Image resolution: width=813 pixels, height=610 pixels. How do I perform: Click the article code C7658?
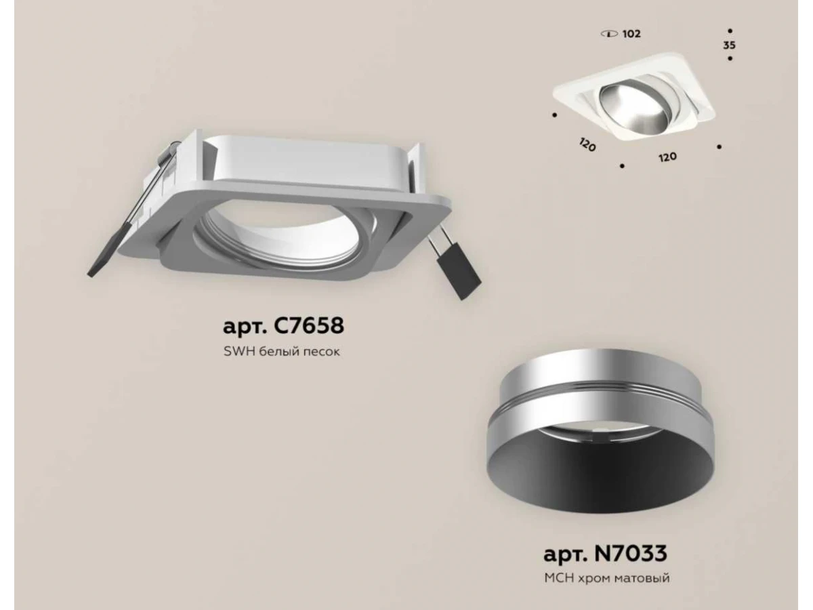click(x=308, y=325)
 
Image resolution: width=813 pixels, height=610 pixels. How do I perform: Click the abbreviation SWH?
click(x=240, y=352)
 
